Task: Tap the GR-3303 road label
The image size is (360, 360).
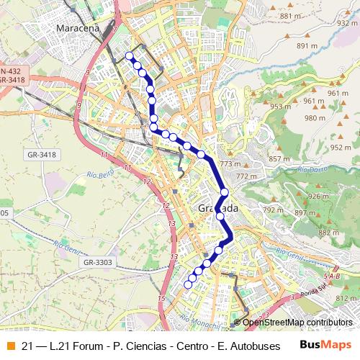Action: [x=97, y=263]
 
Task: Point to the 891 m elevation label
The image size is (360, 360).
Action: [x=307, y=45]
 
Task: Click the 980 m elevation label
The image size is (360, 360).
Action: [x=315, y=117]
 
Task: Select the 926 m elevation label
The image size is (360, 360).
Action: [x=318, y=196]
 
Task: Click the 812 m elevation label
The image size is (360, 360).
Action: [x=346, y=298]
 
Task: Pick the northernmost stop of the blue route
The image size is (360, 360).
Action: [x=130, y=55]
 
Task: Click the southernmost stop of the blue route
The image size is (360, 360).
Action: [x=188, y=285]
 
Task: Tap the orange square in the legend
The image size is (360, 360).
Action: [x=9, y=346]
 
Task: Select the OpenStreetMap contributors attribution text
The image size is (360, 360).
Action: [x=297, y=323]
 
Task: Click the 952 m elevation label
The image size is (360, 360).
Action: [x=340, y=147]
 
